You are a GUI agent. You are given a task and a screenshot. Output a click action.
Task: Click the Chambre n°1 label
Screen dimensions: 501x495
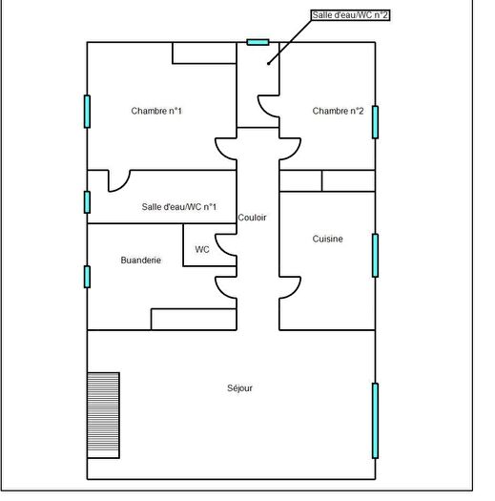point(156,112)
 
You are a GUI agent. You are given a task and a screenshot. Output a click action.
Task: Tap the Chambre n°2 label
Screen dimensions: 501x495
point(338,112)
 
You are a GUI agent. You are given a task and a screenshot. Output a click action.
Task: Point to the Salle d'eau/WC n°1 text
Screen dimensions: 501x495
point(178,207)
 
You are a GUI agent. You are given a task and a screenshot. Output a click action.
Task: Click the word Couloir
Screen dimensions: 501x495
point(253,218)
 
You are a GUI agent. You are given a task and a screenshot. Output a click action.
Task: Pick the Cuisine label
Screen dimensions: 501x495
point(327,239)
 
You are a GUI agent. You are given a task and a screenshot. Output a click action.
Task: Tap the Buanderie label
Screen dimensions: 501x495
point(140,260)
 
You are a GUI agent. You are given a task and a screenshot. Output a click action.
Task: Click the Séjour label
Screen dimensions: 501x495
point(239,387)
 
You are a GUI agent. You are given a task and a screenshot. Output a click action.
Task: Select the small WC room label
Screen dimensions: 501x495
point(202,249)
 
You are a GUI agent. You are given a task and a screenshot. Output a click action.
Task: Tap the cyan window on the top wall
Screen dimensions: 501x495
point(258,42)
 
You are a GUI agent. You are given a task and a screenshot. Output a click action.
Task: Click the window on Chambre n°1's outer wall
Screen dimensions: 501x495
point(87,111)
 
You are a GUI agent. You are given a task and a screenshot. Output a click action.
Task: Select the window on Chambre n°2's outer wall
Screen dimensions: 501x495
point(375,121)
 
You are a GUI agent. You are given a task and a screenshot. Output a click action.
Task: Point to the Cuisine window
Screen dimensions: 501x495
point(375,255)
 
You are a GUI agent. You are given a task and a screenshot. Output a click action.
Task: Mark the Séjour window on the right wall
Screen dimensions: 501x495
point(375,420)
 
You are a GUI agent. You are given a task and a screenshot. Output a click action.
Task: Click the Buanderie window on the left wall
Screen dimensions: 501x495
point(87,277)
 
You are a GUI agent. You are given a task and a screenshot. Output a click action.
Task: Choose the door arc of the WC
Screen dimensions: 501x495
point(226,246)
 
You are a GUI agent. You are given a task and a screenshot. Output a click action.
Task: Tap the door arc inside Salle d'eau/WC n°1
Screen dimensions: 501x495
point(119,180)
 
